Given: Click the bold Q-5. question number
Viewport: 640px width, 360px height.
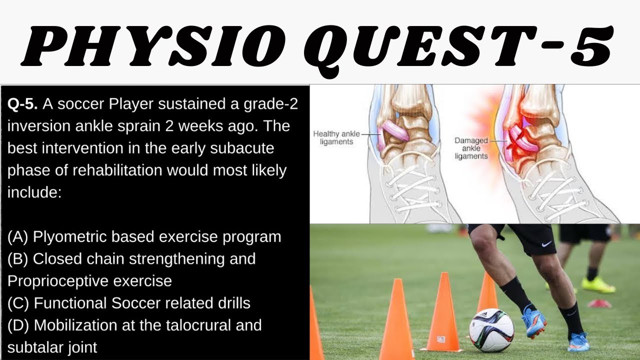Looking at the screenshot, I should (22, 104).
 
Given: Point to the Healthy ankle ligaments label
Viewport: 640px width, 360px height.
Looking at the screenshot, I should (333, 137).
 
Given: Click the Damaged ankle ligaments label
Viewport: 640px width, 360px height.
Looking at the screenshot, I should (471, 148).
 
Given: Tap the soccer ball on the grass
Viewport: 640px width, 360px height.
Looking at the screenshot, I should (491, 330).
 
